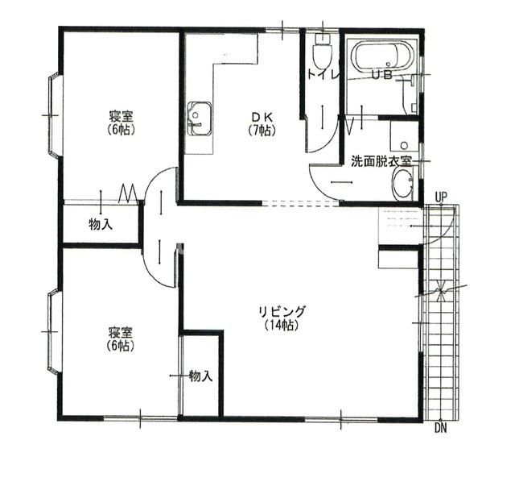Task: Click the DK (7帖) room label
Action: tap(262, 122)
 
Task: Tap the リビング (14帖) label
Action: tap(279, 318)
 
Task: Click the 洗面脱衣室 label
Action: tap(381, 160)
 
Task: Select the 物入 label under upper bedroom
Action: tap(101, 224)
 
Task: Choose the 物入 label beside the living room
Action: tap(200, 376)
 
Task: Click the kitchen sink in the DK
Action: tap(198, 119)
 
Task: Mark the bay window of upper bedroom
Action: tap(52, 114)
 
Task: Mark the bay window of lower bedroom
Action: tap(52, 330)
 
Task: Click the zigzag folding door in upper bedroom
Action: tap(126, 193)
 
